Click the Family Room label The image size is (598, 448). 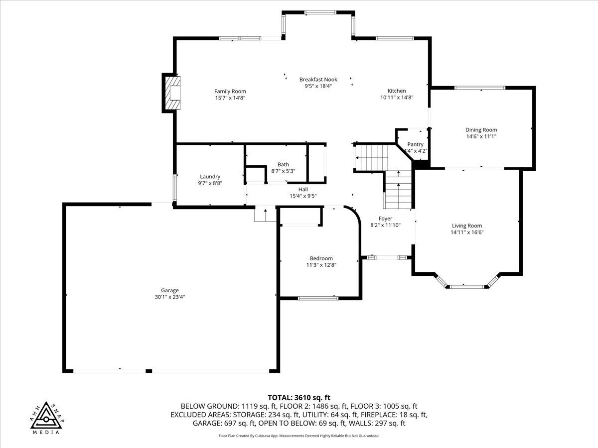230,91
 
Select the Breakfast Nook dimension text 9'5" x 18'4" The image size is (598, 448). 318,86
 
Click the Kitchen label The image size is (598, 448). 397,91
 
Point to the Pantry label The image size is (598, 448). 415,144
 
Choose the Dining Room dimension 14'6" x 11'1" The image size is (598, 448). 481,136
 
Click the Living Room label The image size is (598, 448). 467,225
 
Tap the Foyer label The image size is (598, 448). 385,218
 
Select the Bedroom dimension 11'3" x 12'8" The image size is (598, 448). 321,265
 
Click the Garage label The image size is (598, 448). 169,290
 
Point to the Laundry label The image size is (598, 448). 210,176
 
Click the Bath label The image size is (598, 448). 283,164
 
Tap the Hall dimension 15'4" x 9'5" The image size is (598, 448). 303,196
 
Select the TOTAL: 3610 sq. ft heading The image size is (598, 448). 299,397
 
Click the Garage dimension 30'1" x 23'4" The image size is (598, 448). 169,297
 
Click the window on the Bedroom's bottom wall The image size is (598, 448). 318,298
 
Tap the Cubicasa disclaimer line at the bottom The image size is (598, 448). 299,436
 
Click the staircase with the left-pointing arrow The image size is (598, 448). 371,157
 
